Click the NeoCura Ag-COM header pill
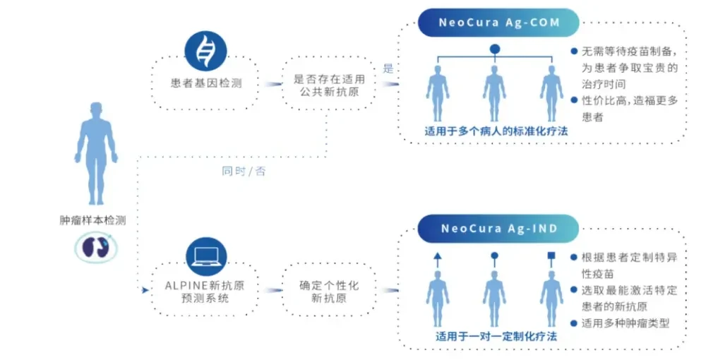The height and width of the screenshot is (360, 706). [498, 23]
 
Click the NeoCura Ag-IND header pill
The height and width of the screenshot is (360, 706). [498, 229]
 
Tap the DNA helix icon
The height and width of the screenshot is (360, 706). [205, 51]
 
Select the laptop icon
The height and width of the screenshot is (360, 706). [206, 257]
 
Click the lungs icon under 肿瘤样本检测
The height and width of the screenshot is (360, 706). [96, 247]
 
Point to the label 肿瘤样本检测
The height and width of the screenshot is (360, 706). [92, 220]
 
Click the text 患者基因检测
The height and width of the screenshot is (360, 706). [206, 83]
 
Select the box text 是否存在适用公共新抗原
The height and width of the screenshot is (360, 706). [329, 85]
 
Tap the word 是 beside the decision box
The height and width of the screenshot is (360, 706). [388, 69]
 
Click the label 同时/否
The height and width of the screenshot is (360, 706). [244, 171]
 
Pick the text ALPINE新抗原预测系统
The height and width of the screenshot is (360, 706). [205, 292]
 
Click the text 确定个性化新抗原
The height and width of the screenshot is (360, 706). [329, 292]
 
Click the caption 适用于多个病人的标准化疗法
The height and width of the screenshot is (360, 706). [496, 131]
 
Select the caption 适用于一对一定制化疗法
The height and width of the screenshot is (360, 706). [496, 337]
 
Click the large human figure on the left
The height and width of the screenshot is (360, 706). [96, 153]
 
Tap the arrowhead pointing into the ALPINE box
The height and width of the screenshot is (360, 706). [145, 290]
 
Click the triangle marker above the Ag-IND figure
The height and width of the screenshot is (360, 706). [438, 257]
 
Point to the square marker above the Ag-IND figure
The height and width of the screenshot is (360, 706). [551, 256]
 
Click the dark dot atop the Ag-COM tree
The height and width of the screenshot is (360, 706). [495, 49]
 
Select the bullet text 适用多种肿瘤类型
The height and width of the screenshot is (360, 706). [626, 323]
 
